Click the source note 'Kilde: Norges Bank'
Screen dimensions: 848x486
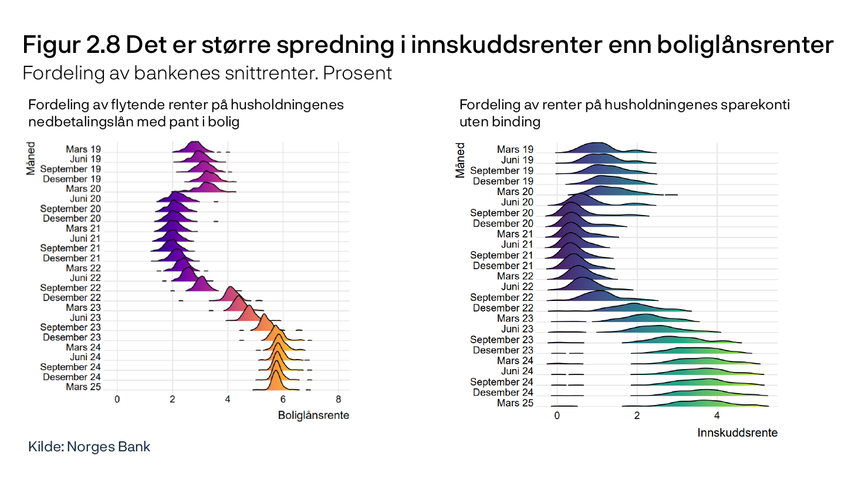89,447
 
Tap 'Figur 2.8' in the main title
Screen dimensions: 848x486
72,45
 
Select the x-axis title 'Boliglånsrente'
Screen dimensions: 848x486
313,415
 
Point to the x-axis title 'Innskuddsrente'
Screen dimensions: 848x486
738,433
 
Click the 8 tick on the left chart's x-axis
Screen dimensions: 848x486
339,399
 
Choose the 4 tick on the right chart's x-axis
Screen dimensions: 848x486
717,416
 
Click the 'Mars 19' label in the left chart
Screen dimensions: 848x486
83,149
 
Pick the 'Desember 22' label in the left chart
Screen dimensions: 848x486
72,297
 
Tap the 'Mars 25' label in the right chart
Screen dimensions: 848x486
515,403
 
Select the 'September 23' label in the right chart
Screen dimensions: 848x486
502,339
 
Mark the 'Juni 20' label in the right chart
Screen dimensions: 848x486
517,202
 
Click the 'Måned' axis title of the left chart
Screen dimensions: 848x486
31,159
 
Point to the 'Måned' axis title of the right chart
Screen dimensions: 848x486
460,160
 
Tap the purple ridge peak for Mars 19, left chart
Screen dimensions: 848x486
194,142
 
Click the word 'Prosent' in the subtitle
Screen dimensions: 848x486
357,73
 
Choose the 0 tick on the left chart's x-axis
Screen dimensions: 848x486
117,399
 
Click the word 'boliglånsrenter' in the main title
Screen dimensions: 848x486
745,45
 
